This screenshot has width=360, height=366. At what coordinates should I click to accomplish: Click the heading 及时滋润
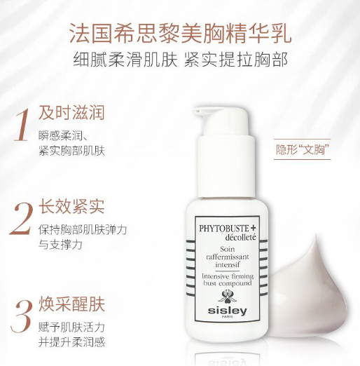point(71,113)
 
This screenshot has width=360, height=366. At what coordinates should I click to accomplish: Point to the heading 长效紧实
point(71,207)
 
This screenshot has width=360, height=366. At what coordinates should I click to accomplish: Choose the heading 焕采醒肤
point(71,304)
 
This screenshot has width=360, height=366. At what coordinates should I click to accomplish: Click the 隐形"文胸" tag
point(303,149)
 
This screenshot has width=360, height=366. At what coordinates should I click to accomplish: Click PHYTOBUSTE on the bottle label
point(217,228)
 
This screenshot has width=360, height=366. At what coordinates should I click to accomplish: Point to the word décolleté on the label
point(225,238)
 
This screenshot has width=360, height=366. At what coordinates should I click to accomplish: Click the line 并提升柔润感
point(71,341)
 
